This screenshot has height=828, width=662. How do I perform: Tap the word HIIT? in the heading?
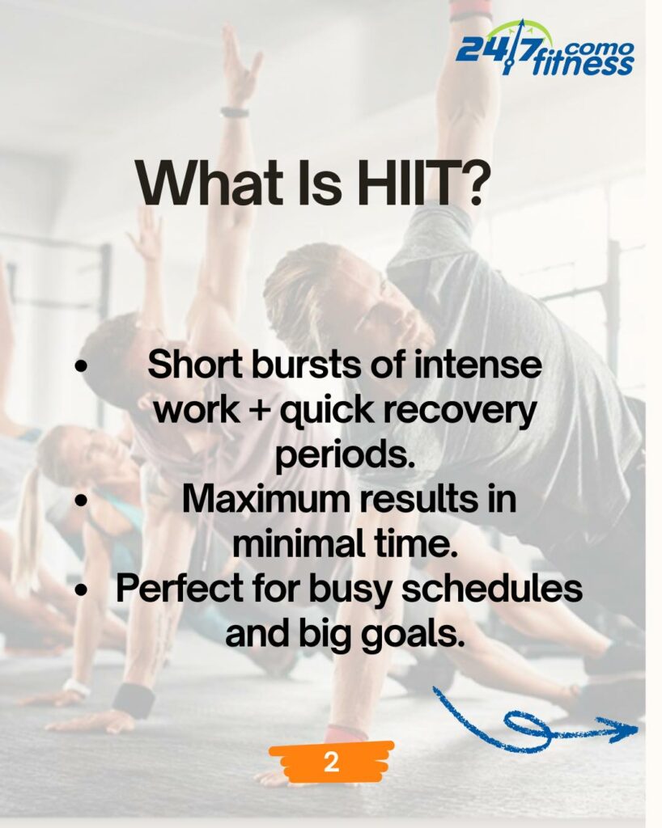pyautogui.click(x=419, y=182)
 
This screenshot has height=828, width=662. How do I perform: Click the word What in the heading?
pyautogui.click(x=214, y=182)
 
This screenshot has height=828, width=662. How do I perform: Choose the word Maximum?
pyautogui.click(x=267, y=499)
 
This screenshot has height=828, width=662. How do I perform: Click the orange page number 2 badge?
pyautogui.click(x=331, y=763)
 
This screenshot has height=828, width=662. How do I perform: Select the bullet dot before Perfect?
pyautogui.click(x=80, y=590)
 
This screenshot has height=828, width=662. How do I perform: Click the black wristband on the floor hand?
pyautogui.click(x=134, y=699)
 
